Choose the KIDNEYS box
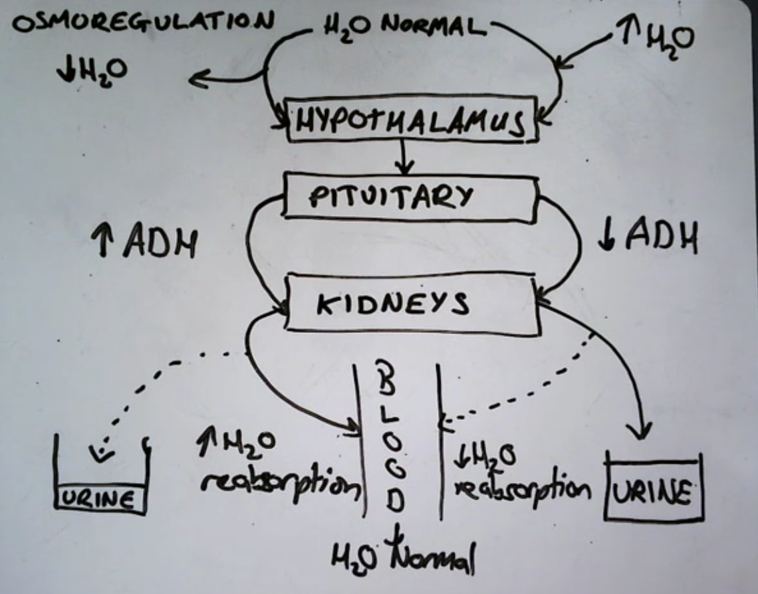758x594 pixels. coord(411,304)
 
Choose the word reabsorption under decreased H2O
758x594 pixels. coord(523,488)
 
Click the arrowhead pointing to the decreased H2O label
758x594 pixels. coord(195,81)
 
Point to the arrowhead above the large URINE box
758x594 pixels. coord(642,433)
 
